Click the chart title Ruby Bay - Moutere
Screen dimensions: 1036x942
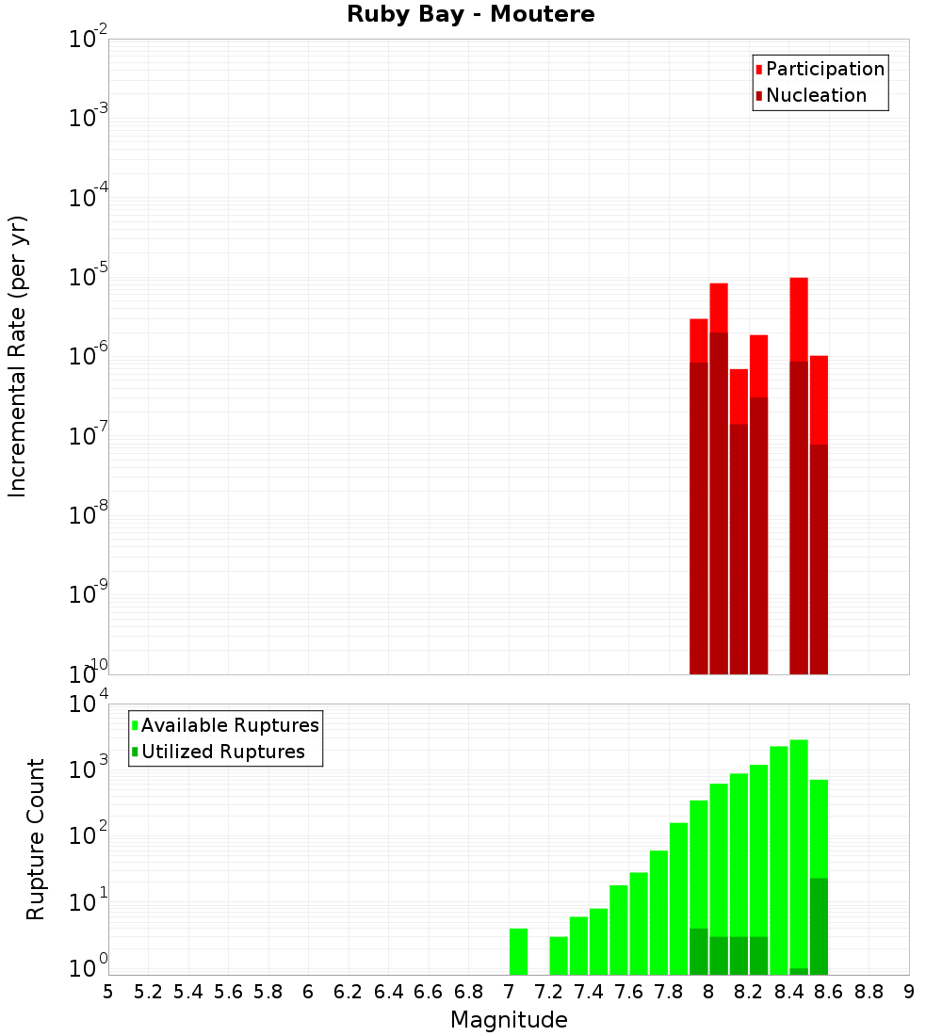471,15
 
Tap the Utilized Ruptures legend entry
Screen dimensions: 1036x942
222,753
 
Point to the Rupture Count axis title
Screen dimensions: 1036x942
36,838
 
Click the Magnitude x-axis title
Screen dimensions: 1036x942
509,1020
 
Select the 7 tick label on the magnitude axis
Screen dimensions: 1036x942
509,992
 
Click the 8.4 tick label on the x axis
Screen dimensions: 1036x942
788,992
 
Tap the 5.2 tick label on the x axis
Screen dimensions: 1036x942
148,992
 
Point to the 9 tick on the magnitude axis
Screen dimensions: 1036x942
909,992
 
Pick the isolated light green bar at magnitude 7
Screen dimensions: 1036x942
518,952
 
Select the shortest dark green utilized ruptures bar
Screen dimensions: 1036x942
799,971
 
